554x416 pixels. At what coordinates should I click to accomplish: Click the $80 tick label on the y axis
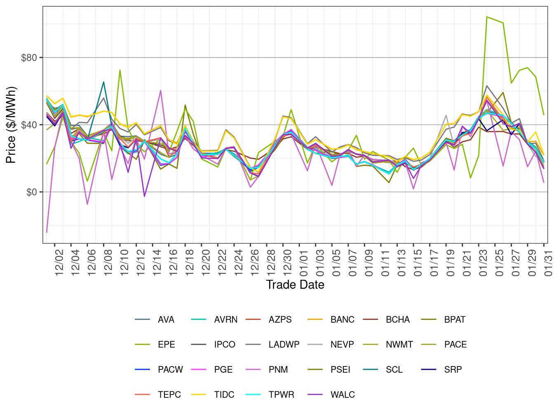click(x=29, y=57)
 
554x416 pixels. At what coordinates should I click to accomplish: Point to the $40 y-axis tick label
click(x=29, y=125)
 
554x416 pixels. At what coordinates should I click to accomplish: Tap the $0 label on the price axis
click(x=32, y=192)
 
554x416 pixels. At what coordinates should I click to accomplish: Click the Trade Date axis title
click(x=295, y=285)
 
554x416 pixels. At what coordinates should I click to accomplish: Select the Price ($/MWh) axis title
click(x=11, y=125)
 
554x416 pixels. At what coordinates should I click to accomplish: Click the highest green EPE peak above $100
click(x=487, y=17)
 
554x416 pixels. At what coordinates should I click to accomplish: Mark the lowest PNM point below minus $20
click(x=47, y=232)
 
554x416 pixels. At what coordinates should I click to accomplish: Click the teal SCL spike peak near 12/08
click(x=103, y=82)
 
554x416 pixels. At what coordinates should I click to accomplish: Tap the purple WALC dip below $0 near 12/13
click(x=144, y=196)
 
